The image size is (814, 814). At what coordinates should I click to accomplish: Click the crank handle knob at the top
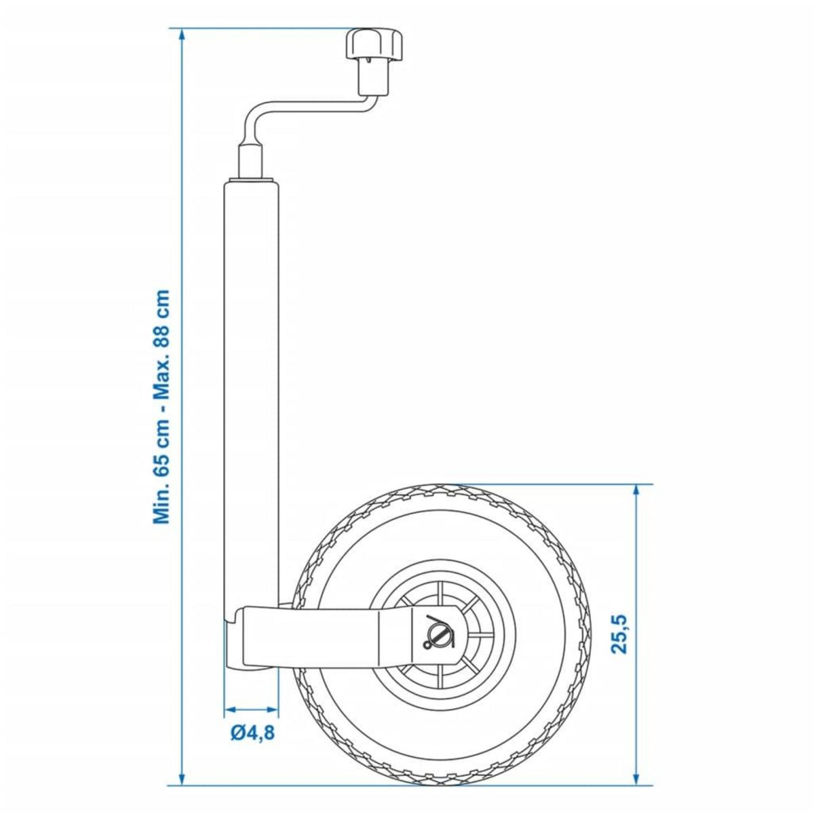pos(373,46)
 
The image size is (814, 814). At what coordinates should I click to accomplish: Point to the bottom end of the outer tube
pos(251,661)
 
